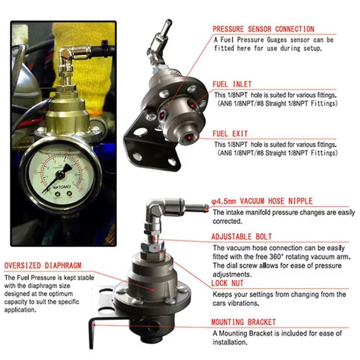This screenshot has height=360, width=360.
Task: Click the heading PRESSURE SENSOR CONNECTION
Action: (x=264, y=29)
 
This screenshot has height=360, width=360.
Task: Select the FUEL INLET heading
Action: (x=232, y=84)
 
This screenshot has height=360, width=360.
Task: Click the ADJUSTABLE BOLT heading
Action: (x=241, y=237)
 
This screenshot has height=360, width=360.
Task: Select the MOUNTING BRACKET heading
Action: (x=244, y=323)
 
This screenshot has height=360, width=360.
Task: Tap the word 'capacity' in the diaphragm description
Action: (x=16, y=302)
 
